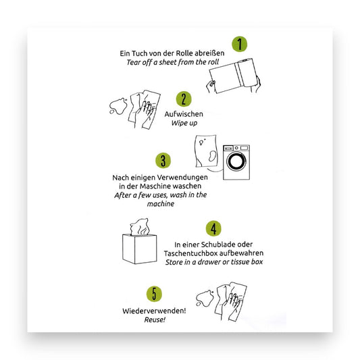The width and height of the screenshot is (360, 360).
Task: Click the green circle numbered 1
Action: point(238,45)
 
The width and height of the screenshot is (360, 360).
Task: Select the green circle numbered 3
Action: point(162,161)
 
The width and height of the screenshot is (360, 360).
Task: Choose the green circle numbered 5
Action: point(155,294)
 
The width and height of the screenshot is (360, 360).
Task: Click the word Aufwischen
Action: point(184,114)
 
